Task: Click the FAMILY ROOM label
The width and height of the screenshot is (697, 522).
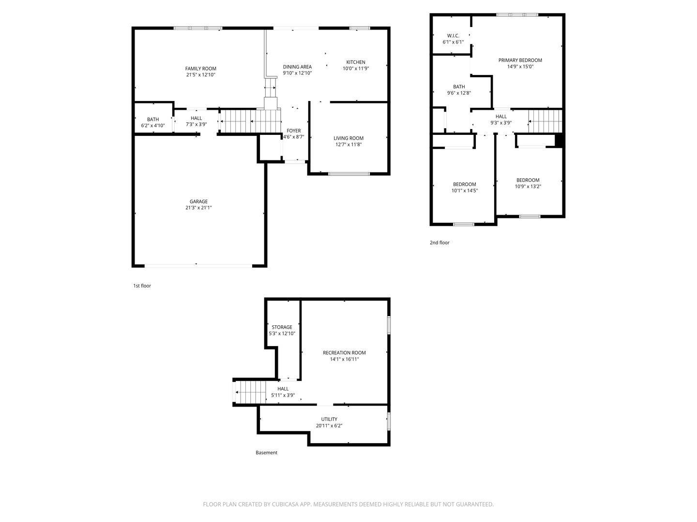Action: coord(200,69)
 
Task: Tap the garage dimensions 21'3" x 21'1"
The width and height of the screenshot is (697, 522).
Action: coord(198,208)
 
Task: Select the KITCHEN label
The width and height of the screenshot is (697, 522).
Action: coord(356,62)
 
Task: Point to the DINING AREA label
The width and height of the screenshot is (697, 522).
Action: coord(297,67)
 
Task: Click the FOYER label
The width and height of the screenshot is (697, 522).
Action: coord(293,130)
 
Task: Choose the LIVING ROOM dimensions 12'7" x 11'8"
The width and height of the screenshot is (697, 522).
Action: coord(348,145)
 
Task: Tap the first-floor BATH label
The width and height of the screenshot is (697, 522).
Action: coord(153,119)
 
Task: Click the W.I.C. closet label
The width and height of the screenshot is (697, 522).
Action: coord(453,36)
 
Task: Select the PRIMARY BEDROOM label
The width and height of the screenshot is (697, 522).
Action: coord(520,60)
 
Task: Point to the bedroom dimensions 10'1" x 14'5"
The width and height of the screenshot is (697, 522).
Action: coord(465,190)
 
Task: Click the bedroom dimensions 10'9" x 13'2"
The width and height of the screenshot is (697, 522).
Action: coord(528,187)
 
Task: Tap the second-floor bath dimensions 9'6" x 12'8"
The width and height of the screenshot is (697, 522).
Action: coord(459,93)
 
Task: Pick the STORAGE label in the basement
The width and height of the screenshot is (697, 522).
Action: coord(282,327)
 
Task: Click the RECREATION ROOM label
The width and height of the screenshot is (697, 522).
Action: coord(344,353)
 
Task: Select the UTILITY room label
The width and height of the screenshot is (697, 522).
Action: coord(329,419)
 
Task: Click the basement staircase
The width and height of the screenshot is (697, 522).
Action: coord(251,392)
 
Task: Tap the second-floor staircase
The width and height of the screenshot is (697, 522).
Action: coord(545,121)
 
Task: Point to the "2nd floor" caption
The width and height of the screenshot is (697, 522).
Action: coord(439,243)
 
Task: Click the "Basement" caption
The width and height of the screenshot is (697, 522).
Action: coord(266,452)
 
